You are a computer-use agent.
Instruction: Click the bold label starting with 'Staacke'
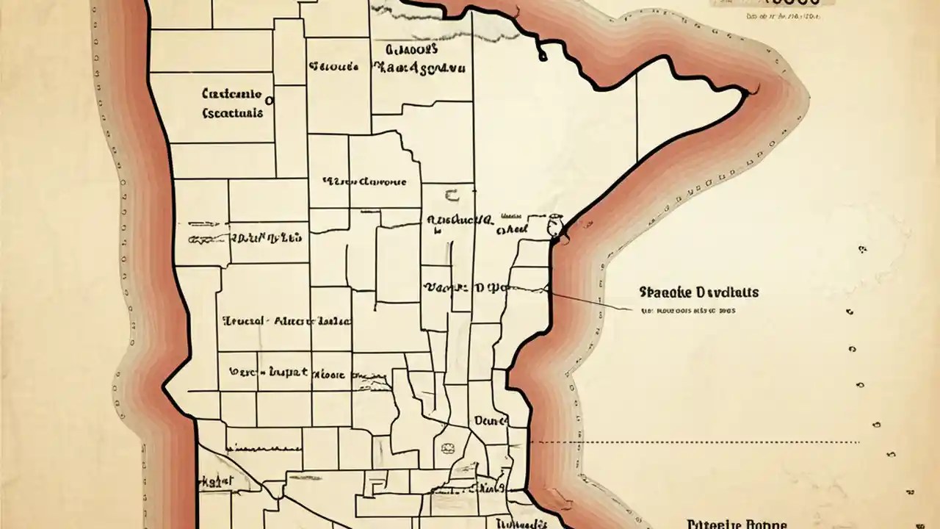698,292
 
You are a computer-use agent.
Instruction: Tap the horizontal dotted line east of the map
698,442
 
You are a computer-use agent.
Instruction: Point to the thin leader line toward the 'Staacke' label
587,301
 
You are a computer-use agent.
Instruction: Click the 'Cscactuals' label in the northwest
231,114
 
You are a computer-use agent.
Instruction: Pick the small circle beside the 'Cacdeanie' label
269,100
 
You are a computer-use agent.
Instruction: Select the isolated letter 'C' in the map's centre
451,195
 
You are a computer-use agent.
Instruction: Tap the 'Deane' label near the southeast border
491,421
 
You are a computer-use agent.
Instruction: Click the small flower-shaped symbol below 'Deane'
446,448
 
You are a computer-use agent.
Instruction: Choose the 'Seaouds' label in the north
333,67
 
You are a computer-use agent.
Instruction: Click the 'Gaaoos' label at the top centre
411,49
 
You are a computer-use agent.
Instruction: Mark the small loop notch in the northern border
542,54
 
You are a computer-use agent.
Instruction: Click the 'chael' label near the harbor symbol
512,230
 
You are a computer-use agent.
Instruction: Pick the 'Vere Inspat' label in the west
268,373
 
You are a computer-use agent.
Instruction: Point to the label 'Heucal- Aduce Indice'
286,322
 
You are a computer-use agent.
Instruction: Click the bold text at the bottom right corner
737,524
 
